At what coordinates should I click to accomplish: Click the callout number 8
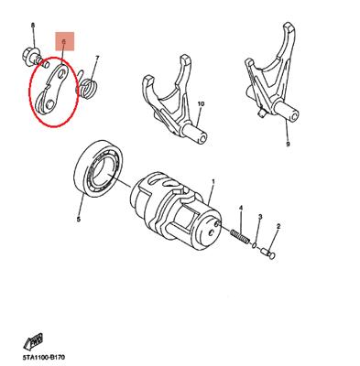pos(33,26)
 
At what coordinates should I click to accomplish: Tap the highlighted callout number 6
pos(64,41)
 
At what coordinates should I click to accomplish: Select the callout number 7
pos(97,58)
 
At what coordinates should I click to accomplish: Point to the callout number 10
pos(201,104)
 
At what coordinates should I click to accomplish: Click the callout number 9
pos(288,145)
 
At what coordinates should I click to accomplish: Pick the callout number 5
pos(79,219)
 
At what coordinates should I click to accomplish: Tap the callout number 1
pos(213,182)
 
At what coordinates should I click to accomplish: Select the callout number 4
pos(241,209)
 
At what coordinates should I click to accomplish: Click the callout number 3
pos(260,217)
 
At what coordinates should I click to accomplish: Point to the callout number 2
pos(278,226)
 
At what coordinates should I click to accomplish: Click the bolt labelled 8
pos(35,57)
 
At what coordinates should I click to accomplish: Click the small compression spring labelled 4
pos(240,236)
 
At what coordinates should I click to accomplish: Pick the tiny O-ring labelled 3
pos(255,245)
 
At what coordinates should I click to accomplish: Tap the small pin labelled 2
pos(268,253)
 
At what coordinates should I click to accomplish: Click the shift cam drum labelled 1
pos(177,211)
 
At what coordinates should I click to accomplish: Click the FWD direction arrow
pos(34,342)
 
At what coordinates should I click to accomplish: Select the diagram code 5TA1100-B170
pos(44,357)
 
